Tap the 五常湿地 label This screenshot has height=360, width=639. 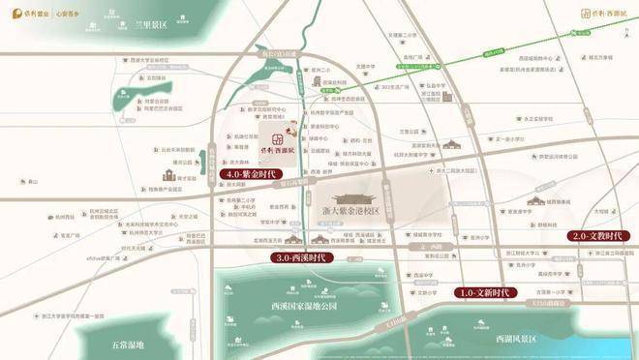pos(126,345)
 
